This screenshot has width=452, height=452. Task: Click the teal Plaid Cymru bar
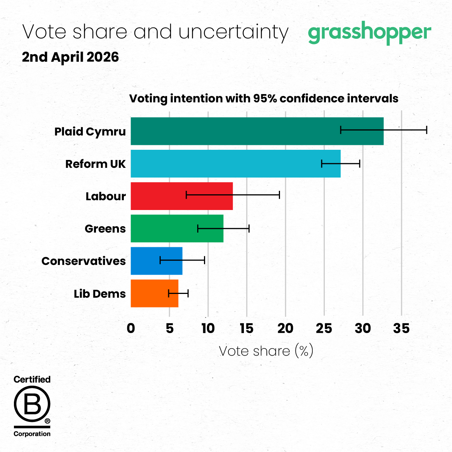click(233, 131)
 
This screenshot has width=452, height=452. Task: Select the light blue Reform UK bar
click(226, 164)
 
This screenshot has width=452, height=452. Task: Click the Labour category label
click(105, 196)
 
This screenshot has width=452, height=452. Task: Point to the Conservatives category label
click(84, 261)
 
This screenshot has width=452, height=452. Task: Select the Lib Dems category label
click(100, 294)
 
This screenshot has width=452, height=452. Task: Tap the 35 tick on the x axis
click(401, 329)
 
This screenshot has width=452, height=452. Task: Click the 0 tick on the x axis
click(131, 329)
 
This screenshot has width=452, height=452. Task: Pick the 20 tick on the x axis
click(285, 329)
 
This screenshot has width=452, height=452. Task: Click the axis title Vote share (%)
click(266, 351)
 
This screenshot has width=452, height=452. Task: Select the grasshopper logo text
click(369, 33)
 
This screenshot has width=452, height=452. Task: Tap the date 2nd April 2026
click(70, 57)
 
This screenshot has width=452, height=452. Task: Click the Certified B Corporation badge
click(32, 406)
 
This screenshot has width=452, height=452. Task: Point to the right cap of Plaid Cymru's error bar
click(426, 130)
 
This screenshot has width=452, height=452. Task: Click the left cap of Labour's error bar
click(186, 195)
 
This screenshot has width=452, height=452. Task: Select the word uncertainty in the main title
click(233, 32)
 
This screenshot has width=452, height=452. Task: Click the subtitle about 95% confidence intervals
click(264, 99)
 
